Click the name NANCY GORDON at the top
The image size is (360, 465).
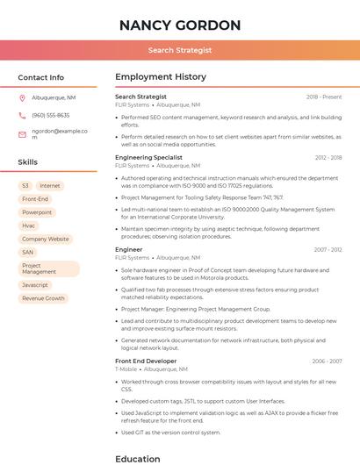179,25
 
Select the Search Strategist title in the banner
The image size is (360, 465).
179,50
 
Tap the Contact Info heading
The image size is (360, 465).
40,77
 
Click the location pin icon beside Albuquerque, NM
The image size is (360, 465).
22,98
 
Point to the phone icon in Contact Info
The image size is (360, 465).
22,115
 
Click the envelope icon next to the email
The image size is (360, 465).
22,134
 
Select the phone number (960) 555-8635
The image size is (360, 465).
51,115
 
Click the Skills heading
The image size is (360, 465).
27,162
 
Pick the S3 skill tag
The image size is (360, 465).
25,186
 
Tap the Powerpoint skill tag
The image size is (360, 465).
37,212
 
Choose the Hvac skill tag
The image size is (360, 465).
29,225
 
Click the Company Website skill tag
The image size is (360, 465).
45,239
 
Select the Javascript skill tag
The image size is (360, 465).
35,285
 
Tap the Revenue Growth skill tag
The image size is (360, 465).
43,298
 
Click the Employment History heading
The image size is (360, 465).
160,77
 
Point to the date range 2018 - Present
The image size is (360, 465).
324,97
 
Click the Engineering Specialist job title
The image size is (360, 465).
148,158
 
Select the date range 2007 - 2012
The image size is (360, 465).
328,250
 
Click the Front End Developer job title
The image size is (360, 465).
146,361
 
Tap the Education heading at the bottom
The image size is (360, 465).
137,458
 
